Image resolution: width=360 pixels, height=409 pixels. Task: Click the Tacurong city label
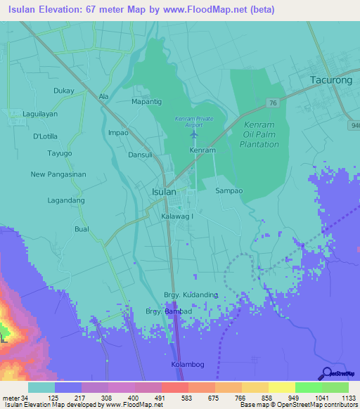[x=330, y=80]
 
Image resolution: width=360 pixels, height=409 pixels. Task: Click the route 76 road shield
[x=272, y=103]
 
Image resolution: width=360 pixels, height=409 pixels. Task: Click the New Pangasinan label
[x=58, y=174]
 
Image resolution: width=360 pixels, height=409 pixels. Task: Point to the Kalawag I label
[x=176, y=216]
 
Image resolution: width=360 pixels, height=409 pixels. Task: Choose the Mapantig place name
[x=146, y=102]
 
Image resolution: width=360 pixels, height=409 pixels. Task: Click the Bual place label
[x=82, y=229]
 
